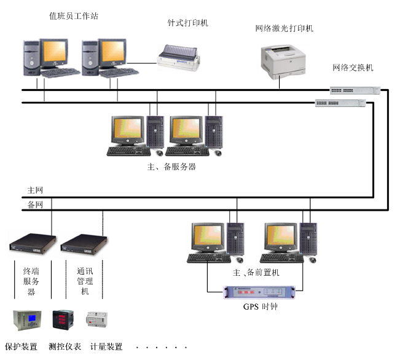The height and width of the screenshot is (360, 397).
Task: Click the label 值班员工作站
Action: tap(74, 16)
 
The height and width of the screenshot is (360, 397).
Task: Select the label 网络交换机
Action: tap(353, 68)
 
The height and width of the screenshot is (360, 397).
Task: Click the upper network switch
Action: tap(354, 89)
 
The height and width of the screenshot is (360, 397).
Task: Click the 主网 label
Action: tap(35, 190)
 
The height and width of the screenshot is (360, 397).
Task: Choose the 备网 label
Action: tap(35, 205)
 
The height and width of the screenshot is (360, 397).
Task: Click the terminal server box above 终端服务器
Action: tap(32, 244)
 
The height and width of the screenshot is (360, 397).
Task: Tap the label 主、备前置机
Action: tap(256, 272)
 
